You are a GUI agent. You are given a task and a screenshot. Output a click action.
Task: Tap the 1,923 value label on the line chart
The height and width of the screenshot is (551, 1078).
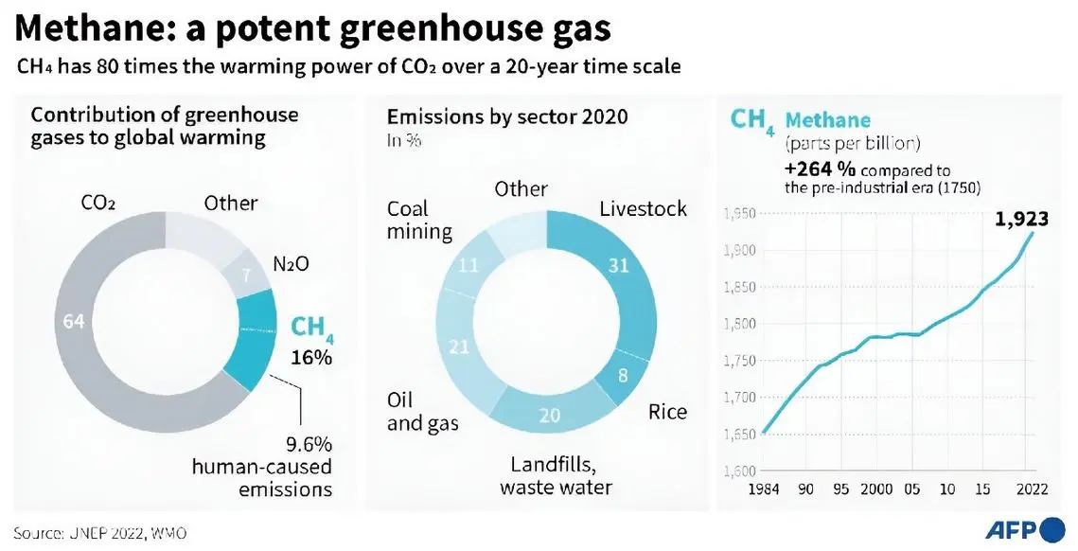tap(1021, 220)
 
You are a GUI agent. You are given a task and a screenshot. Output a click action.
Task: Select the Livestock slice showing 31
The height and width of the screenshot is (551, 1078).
tap(618, 266)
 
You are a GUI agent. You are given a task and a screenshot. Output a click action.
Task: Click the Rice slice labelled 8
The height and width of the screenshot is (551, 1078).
tap(622, 376)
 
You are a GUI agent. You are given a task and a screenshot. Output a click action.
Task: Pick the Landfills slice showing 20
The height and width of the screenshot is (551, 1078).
tap(550, 416)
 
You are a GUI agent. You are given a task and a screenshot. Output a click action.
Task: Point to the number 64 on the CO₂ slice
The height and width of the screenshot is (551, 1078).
tap(74, 322)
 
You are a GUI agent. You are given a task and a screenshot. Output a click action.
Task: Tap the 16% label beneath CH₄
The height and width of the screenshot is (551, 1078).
tap(311, 359)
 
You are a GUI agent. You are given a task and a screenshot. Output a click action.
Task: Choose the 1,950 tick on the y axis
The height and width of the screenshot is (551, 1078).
tap(738, 214)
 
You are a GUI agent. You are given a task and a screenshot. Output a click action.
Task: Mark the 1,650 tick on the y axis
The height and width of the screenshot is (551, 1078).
tap(738, 435)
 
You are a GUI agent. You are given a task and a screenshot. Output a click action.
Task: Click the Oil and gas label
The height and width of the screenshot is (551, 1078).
tap(421, 412)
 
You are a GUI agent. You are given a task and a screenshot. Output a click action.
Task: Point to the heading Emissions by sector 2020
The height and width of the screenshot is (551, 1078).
tap(507, 117)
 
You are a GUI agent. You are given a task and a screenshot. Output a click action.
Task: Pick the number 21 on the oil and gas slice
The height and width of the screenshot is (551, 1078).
tap(459, 347)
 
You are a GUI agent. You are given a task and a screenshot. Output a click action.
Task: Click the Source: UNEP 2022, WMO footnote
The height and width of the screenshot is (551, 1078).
tap(100, 533)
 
